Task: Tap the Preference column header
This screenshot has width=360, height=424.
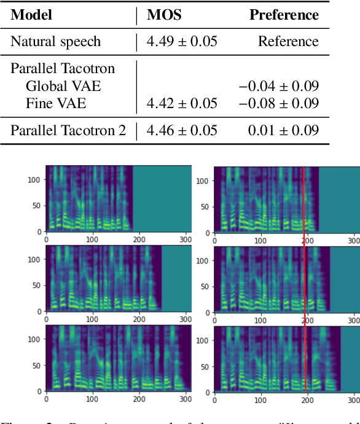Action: pyautogui.click(x=284, y=15)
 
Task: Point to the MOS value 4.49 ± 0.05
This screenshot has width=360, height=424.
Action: pyautogui.click(x=182, y=42)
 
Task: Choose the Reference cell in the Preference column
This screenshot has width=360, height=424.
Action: pyautogui.click(x=288, y=42)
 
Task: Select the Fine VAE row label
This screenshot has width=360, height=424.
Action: pyautogui.click(x=48, y=103)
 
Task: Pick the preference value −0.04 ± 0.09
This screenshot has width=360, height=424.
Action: pyautogui.click(x=278, y=86)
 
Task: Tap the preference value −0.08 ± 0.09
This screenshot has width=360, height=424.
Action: pyautogui.click(x=278, y=103)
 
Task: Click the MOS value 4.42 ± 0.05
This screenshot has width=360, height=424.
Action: pyautogui.click(x=182, y=103)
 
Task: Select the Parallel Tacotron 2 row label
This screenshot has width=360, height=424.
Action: pyautogui.click(x=68, y=130)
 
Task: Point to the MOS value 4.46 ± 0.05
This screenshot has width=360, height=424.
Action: pyautogui.click(x=182, y=130)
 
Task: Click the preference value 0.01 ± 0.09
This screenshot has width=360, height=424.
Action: pyautogui.click(x=283, y=130)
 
